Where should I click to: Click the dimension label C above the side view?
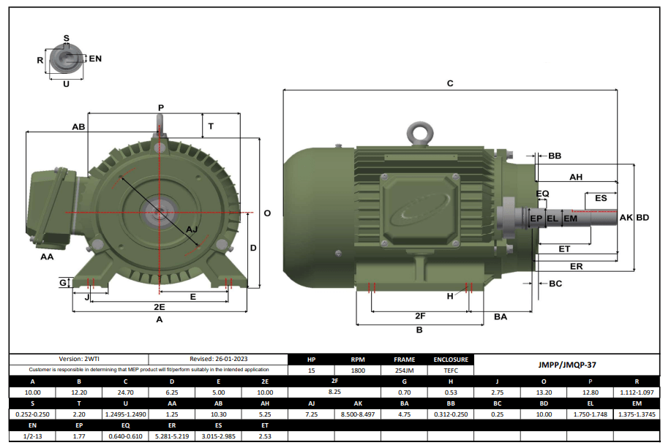450,83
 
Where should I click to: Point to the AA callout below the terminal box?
47,257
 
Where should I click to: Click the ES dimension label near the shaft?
600,198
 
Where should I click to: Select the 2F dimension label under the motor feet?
419,316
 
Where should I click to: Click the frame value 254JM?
404,371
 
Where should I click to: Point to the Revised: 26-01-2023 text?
217,360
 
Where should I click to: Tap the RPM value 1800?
358,371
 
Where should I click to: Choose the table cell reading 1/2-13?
32,436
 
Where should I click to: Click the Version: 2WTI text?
78,360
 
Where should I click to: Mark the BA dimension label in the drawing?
501,316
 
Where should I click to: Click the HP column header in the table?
312,360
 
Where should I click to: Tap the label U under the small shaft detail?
66,84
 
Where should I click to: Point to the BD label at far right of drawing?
643,218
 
